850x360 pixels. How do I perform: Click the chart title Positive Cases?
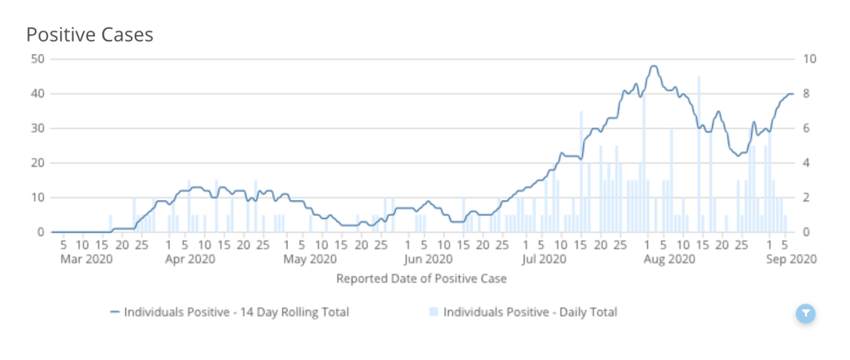(90, 34)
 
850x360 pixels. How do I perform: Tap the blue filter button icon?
(806, 313)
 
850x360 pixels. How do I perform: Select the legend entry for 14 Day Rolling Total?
(229, 313)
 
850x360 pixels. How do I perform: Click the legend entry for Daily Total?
(524, 313)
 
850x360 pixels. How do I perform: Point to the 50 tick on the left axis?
(37, 58)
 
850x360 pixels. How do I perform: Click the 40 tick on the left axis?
(37, 93)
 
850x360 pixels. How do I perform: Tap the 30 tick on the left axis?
(37, 128)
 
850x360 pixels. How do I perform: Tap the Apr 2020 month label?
(191, 259)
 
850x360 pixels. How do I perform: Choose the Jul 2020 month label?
(546, 259)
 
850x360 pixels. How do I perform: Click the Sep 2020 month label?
(791, 259)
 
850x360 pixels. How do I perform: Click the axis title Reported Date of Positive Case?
(421, 279)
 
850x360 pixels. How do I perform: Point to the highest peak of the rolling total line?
(655, 67)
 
